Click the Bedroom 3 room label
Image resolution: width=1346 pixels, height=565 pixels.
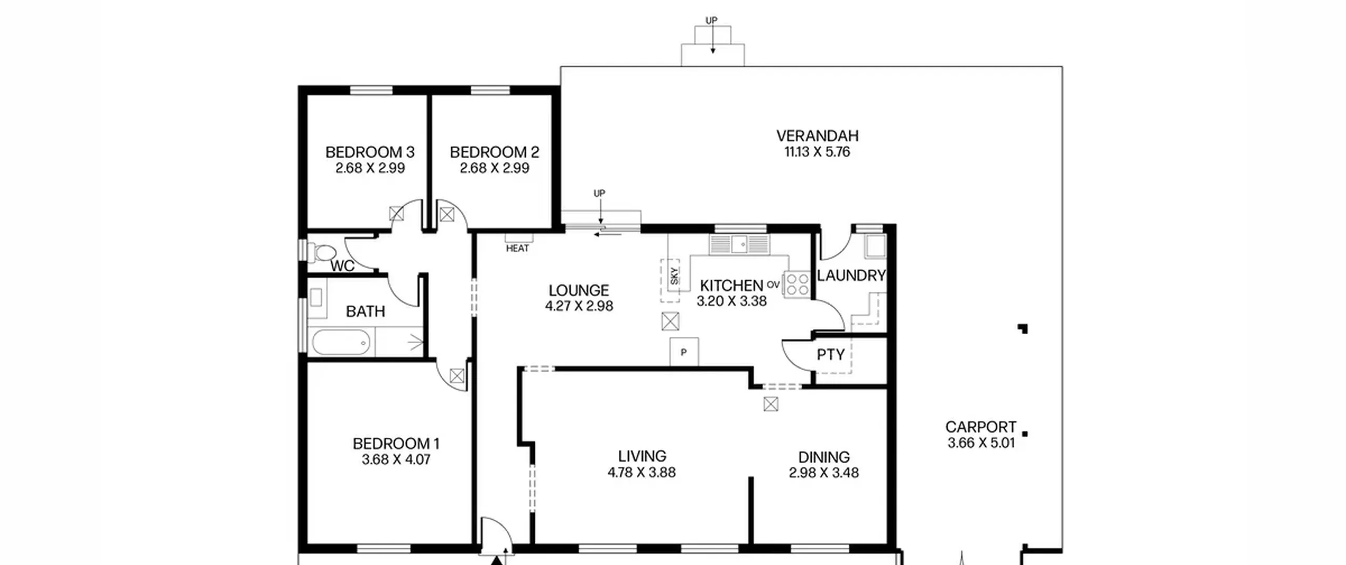click(370, 152)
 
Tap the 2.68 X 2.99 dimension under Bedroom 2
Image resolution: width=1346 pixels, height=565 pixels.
click(494, 168)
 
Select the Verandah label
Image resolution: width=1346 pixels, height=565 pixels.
click(817, 136)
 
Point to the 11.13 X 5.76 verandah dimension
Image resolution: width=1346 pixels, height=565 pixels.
click(817, 152)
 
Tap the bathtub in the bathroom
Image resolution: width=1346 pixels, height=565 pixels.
click(341, 343)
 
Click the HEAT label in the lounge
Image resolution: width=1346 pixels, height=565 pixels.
click(517, 249)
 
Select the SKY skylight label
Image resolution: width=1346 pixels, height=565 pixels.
click(675, 276)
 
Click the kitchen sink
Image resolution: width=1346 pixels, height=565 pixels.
click(739, 244)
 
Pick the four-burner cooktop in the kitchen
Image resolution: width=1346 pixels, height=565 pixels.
click(797, 284)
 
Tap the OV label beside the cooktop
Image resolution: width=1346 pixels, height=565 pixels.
click(773, 285)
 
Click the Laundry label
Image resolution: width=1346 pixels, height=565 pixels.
click(851, 275)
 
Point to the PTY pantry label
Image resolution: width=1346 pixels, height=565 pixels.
click(831, 355)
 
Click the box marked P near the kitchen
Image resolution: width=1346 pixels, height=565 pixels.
click(684, 352)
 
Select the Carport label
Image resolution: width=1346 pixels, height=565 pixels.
click(981, 427)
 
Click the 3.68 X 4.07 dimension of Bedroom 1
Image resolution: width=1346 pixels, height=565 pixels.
click(396, 460)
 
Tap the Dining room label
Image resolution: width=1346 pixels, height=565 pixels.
click(824, 457)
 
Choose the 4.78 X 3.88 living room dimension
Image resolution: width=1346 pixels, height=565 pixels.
click(641, 472)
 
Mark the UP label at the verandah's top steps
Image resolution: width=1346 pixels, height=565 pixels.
click(711, 20)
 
